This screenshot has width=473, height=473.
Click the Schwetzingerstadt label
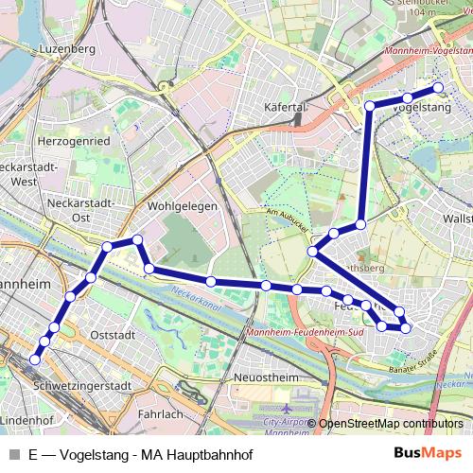point(79,386)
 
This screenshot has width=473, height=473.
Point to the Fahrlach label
point(160,414)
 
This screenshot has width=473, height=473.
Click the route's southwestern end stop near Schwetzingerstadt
point(35,359)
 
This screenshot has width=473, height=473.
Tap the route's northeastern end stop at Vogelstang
point(438,88)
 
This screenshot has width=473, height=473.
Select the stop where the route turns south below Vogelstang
point(370,105)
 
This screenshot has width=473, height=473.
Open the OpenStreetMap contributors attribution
point(390,425)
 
